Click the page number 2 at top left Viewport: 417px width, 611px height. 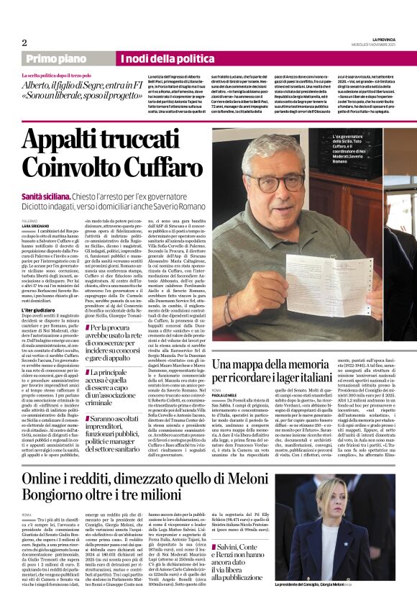click(24, 42)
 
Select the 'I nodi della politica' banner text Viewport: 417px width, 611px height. click(160, 59)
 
